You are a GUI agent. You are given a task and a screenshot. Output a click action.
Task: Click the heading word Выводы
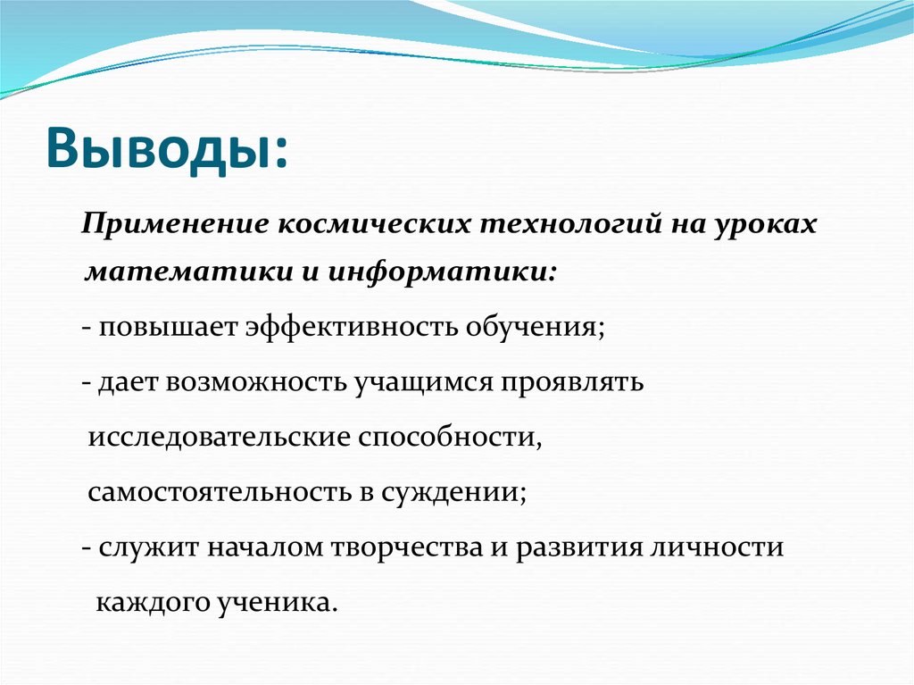tap(161, 146)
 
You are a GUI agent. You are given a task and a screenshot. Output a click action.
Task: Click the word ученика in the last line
tap(284, 601)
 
